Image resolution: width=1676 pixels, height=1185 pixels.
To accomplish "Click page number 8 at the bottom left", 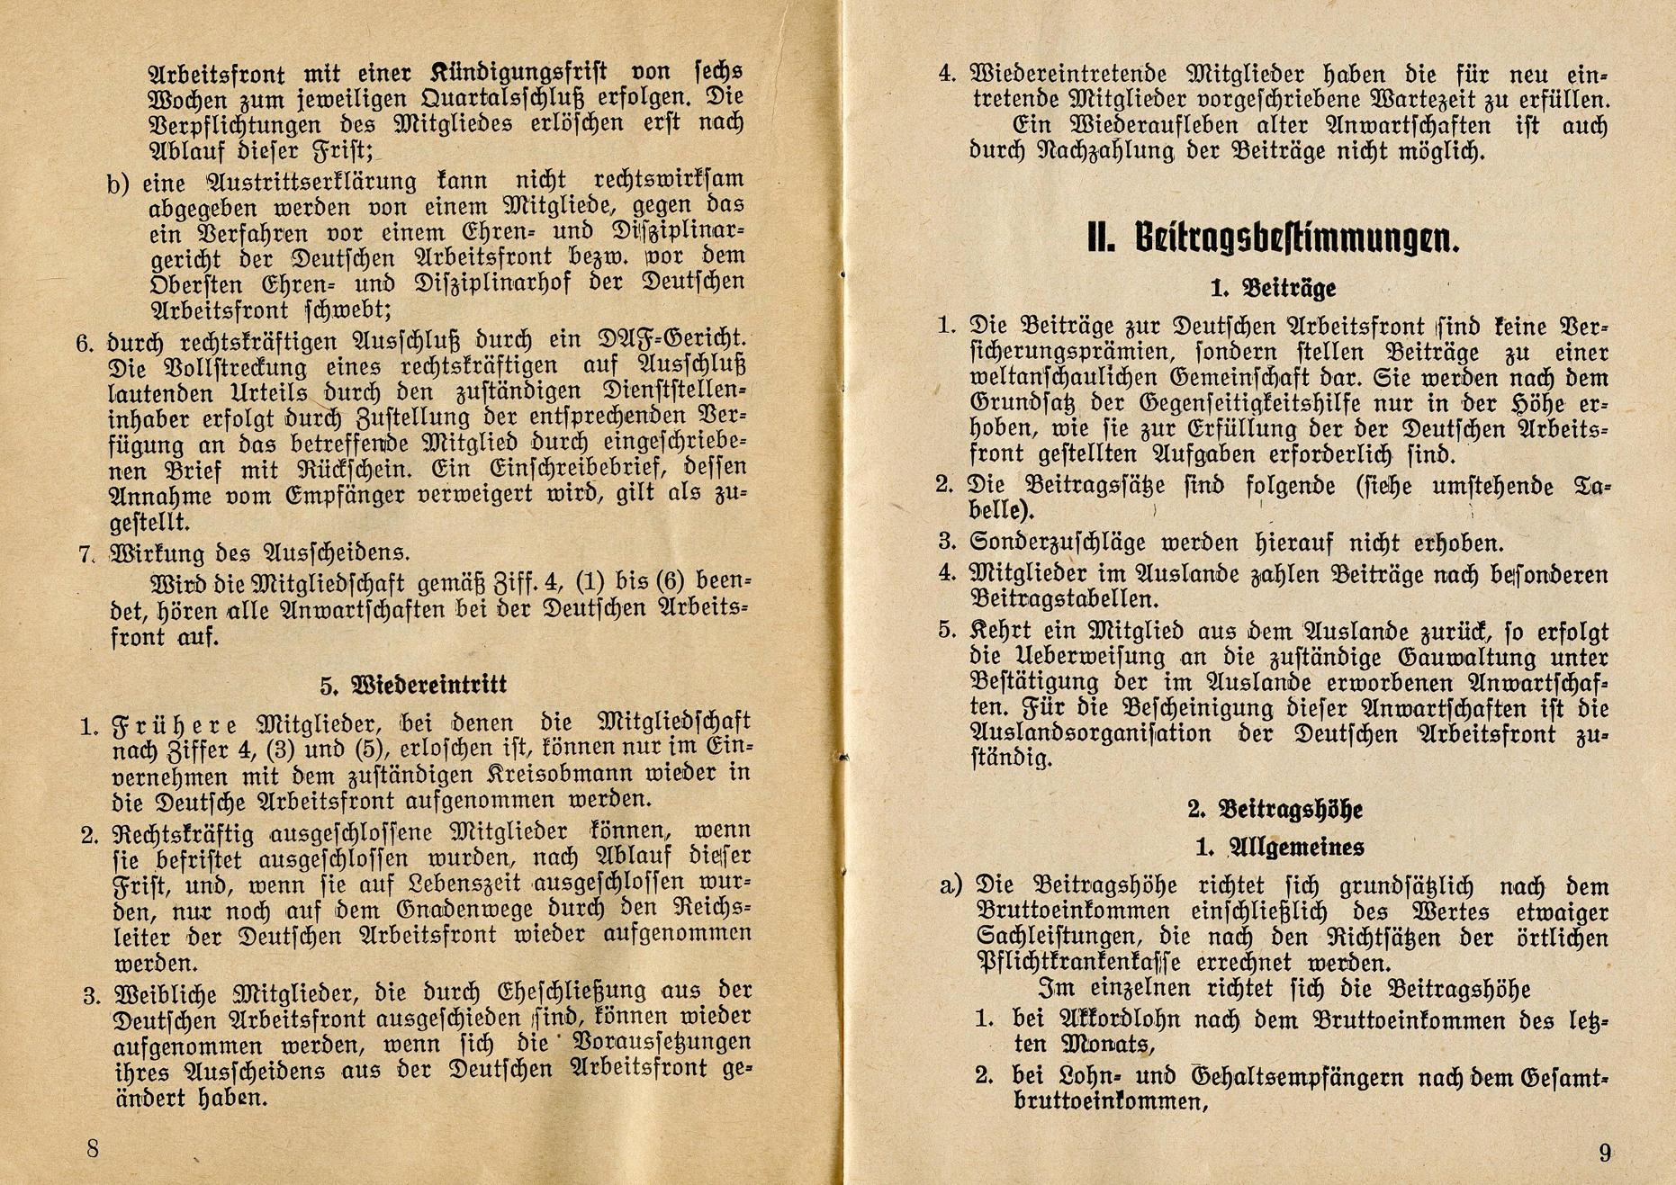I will click(x=93, y=1148).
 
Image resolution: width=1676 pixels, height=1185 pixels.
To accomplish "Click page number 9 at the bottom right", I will click(x=1605, y=1152).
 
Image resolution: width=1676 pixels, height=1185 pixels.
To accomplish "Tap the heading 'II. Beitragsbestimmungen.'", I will click(x=1273, y=238).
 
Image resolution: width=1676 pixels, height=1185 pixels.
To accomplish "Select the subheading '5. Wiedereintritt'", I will click(x=413, y=685).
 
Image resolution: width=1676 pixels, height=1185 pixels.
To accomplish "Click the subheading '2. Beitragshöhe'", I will click(x=1275, y=809).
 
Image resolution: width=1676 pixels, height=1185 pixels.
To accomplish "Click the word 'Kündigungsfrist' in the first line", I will click(x=519, y=71).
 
